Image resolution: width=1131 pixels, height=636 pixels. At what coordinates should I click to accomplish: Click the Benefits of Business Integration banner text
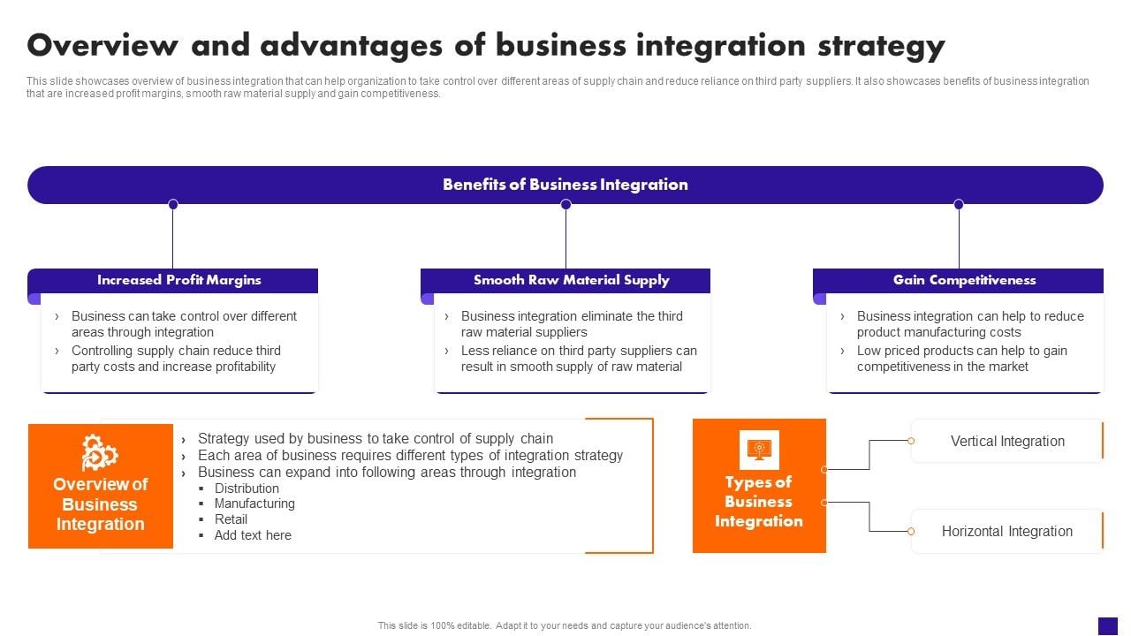pos(565,185)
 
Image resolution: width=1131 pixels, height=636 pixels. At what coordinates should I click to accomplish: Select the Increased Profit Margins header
pos(179,280)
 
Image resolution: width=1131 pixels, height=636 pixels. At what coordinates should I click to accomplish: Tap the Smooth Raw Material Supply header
pos(571,280)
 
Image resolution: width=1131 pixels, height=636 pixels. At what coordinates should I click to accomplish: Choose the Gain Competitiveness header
pos(964,280)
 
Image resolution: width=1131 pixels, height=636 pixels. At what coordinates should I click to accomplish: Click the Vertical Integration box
pos(1006,441)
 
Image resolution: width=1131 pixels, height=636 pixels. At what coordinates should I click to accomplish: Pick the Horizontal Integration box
pos(1006,531)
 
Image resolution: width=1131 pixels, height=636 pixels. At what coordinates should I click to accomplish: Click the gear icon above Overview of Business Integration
pos(99,453)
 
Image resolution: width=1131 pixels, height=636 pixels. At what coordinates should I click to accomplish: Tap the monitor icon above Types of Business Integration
pos(759,450)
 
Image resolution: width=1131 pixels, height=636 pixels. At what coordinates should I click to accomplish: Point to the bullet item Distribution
pos(247,488)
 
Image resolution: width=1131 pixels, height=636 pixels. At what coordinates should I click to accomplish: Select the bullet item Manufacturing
pos(254,503)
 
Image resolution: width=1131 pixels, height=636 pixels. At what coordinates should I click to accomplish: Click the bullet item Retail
pos(231,519)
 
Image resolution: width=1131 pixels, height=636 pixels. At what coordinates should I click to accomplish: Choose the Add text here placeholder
pos(253,535)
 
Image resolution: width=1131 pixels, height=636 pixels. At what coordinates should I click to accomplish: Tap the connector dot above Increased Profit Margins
pos(173,204)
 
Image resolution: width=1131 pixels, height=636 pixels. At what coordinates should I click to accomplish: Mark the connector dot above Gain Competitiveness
pos(959,204)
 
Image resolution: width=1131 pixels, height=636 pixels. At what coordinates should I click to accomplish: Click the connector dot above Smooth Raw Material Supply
pos(565,204)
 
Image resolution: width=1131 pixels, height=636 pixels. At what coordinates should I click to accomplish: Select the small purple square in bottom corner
pos(1108,625)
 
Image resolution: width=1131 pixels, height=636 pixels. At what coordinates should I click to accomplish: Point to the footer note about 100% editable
pos(565,625)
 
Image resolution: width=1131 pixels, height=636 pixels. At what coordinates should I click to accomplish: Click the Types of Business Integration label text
pos(759,502)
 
